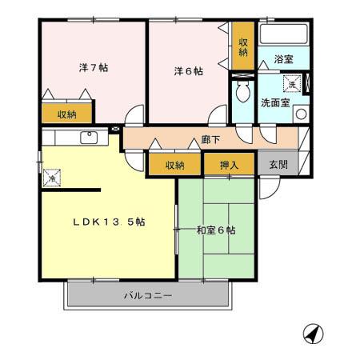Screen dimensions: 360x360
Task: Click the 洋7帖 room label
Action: pos(94,68)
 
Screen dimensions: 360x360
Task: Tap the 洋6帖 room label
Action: pos(188,71)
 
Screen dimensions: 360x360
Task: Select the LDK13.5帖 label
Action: pos(109,222)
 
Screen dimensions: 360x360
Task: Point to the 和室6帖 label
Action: pos(216,230)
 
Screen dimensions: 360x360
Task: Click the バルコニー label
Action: pos(148,296)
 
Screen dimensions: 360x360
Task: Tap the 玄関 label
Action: pos(278,165)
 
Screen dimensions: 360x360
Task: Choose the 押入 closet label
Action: pos(229,166)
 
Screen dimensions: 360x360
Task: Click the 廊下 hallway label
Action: pos(210,139)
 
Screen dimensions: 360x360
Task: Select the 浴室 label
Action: pos(283,59)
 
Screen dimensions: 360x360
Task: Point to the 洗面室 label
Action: pos(275,102)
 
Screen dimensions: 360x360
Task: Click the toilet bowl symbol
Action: pos(243,91)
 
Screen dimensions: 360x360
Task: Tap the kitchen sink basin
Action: pos(89,138)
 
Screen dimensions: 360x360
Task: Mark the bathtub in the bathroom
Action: pos(284,34)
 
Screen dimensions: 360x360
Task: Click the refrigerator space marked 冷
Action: pos(52,178)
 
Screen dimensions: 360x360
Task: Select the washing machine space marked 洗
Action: pos(292,83)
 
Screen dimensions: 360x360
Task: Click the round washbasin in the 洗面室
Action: pos(302,114)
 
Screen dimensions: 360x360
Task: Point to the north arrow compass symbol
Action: pos(314,334)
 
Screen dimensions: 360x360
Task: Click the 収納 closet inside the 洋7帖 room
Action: pos(67,114)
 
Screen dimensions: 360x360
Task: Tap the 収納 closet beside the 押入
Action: pos(174,164)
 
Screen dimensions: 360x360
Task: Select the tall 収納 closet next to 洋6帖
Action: pos(243,46)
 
